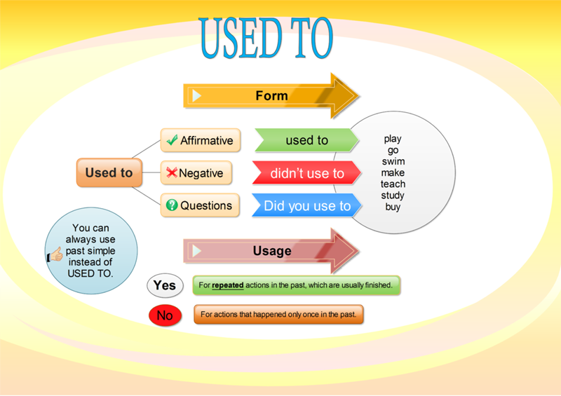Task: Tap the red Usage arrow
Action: tap(271, 250)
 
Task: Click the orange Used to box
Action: tap(109, 172)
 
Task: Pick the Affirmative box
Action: tap(201, 140)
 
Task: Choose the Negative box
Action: tap(201, 173)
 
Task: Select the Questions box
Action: tap(201, 205)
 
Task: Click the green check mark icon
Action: tap(172, 140)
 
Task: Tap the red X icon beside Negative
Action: tap(171, 172)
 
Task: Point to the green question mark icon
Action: tap(172, 205)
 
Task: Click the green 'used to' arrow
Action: tap(306, 140)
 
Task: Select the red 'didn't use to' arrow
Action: tap(306, 173)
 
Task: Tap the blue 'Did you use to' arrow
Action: tap(306, 205)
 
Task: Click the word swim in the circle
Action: tap(393, 162)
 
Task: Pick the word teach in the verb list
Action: tap(393, 184)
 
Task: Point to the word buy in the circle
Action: tap(393, 207)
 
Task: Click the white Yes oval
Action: tap(165, 285)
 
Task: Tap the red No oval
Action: tap(165, 315)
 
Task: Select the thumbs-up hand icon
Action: tap(55, 255)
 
